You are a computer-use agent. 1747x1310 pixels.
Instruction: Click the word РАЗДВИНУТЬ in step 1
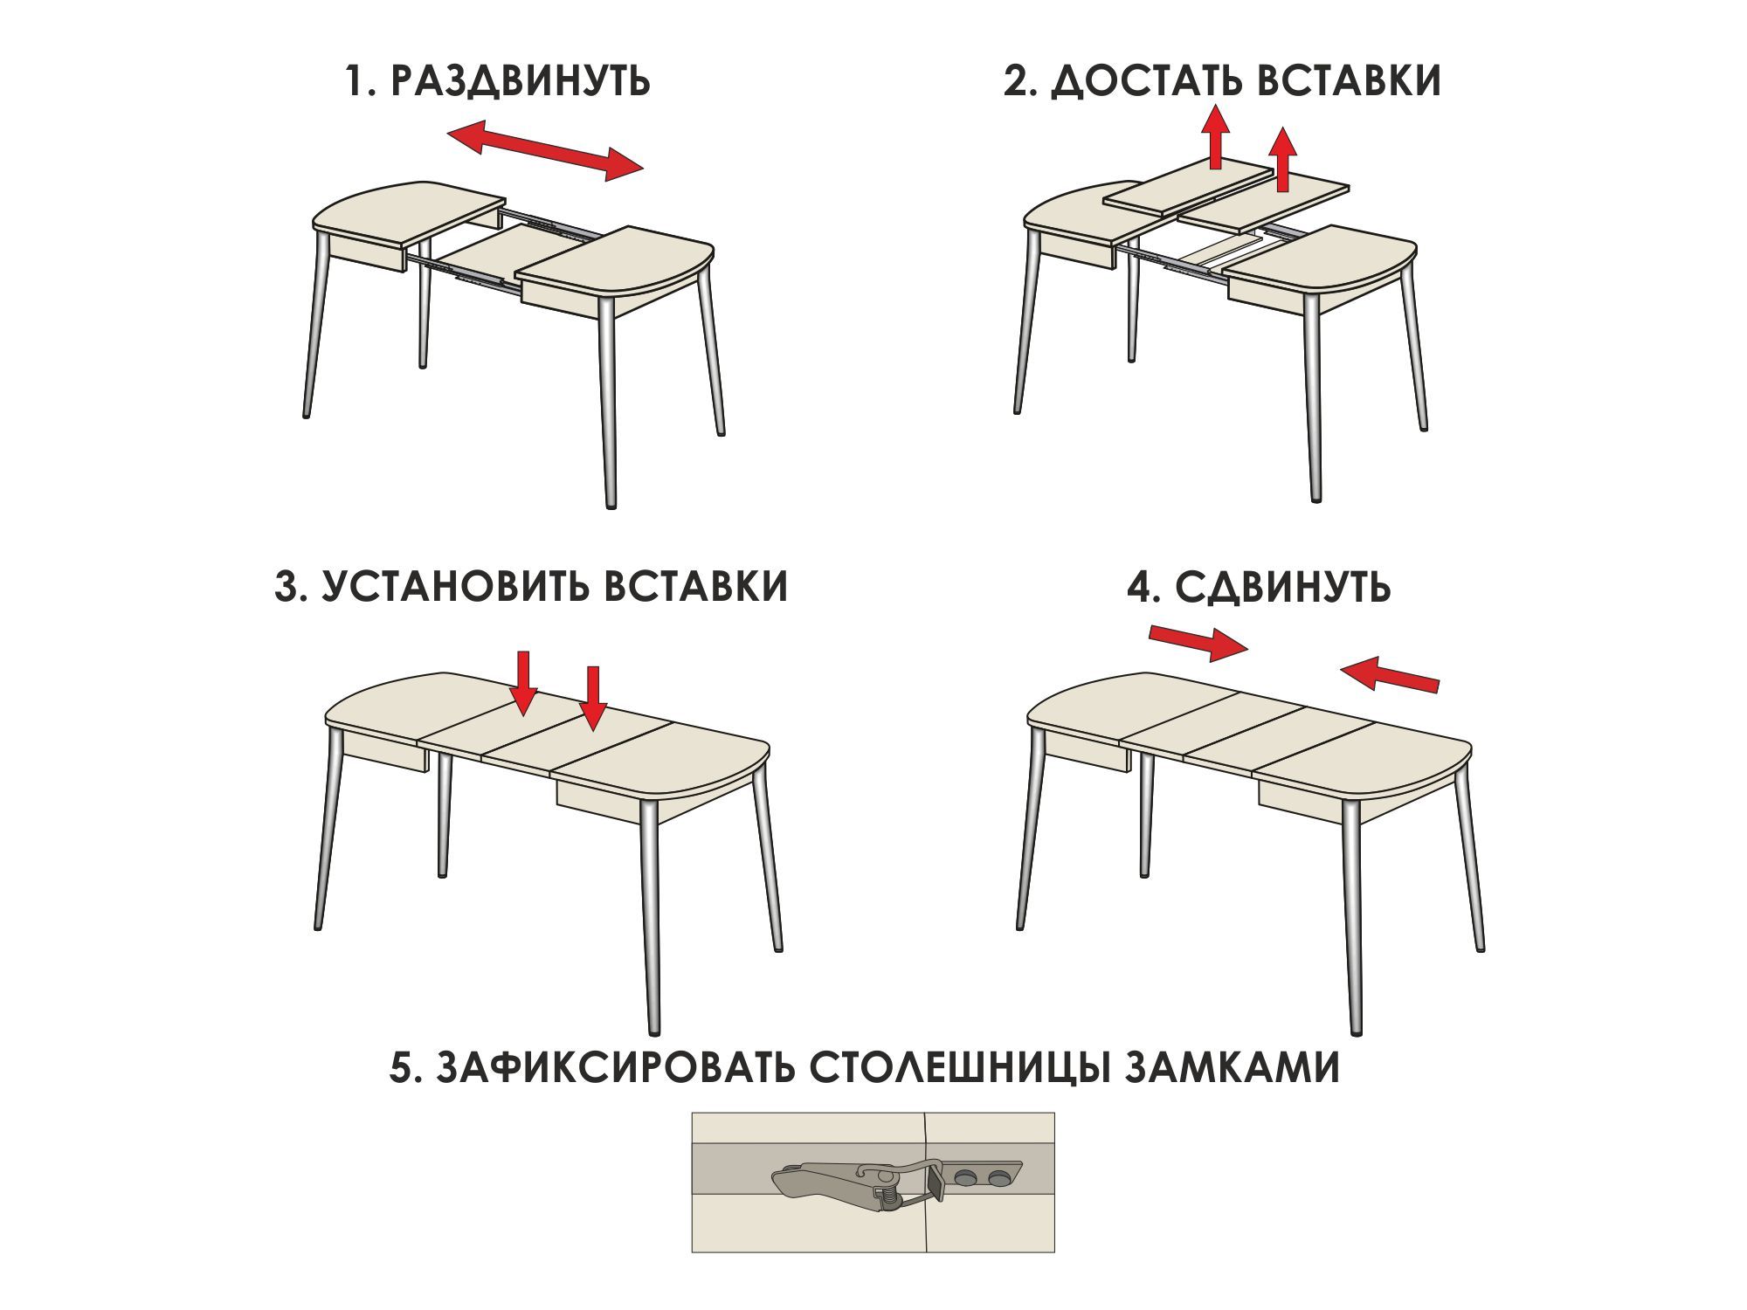click(520, 81)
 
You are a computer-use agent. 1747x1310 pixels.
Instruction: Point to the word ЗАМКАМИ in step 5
click(1232, 1067)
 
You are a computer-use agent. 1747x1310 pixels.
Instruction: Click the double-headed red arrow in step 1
click(545, 150)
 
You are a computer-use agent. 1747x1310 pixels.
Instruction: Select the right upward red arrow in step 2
click(1282, 159)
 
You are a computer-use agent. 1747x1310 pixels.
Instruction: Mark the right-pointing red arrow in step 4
click(1198, 642)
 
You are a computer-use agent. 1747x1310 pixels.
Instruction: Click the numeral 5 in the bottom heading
click(401, 1067)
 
